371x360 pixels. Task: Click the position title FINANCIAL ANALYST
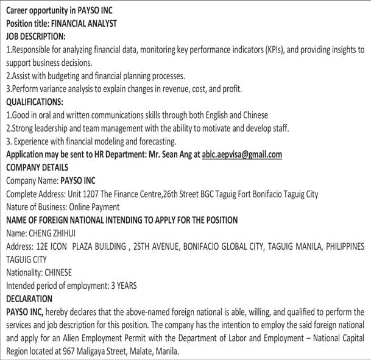(85, 23)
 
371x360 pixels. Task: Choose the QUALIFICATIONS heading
(34, 102)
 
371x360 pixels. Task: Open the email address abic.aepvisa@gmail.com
(242, 154)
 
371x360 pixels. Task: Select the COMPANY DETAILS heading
(37, 167)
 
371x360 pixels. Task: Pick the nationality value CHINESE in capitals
(58, 272)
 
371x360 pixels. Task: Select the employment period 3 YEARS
(121, 286)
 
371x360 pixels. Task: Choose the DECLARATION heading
(29, 299)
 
